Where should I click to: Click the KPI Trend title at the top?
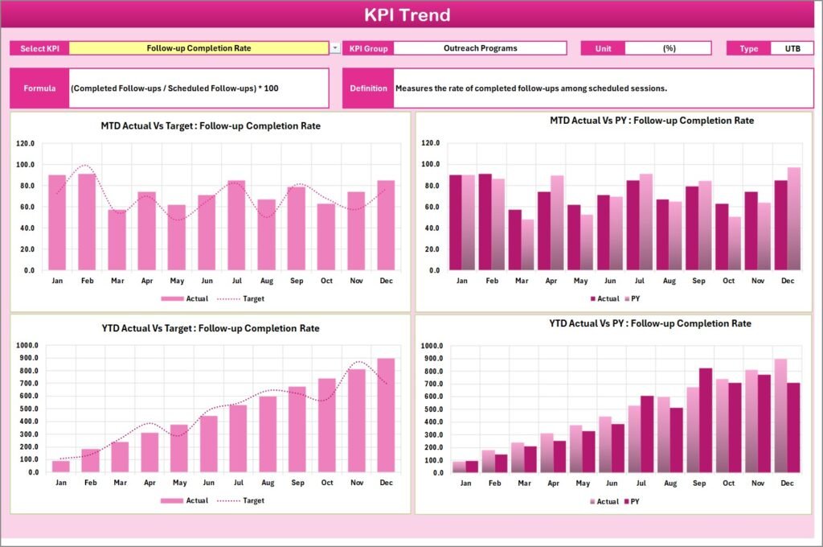407,15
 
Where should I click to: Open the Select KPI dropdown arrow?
335,48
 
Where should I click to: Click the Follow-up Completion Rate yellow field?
199,48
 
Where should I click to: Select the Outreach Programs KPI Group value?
480,48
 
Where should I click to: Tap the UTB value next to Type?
792,48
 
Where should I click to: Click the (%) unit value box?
668,48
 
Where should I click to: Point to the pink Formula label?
39,88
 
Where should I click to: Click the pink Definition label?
369,88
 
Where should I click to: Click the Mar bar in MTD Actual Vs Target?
117,240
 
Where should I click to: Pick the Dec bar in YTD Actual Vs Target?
386,415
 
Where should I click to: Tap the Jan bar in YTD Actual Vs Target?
60,467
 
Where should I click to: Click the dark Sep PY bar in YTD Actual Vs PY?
706,420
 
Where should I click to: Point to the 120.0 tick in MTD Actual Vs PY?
430,143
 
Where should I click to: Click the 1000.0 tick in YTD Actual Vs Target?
27,346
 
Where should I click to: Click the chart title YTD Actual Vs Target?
210,328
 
